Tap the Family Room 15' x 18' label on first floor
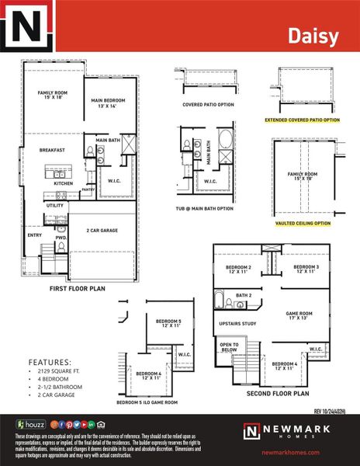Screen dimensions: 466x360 54,96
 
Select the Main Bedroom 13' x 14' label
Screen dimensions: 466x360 108,104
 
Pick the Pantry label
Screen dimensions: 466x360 88,189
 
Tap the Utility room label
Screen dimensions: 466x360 55,205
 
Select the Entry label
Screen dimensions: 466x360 35,235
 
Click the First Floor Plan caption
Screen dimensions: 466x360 78,288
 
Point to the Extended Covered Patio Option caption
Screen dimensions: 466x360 302,120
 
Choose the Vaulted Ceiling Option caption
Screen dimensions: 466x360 302,223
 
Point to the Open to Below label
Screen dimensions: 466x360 230,346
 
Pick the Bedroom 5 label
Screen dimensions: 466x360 168,324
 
